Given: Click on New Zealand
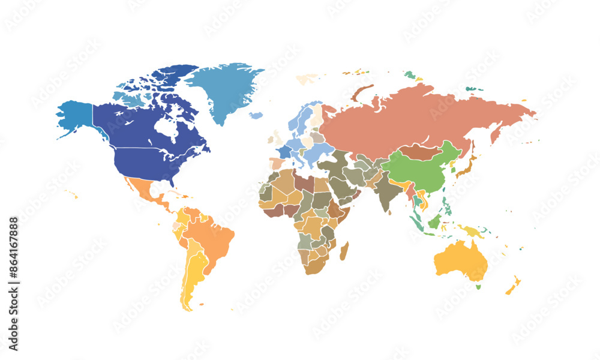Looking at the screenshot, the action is [513, 286].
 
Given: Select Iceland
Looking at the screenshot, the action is [256, 115].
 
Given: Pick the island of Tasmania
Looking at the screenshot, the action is [478, 286].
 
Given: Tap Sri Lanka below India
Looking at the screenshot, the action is [389, 212].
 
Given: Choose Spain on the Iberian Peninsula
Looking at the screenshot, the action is [277, 163].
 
